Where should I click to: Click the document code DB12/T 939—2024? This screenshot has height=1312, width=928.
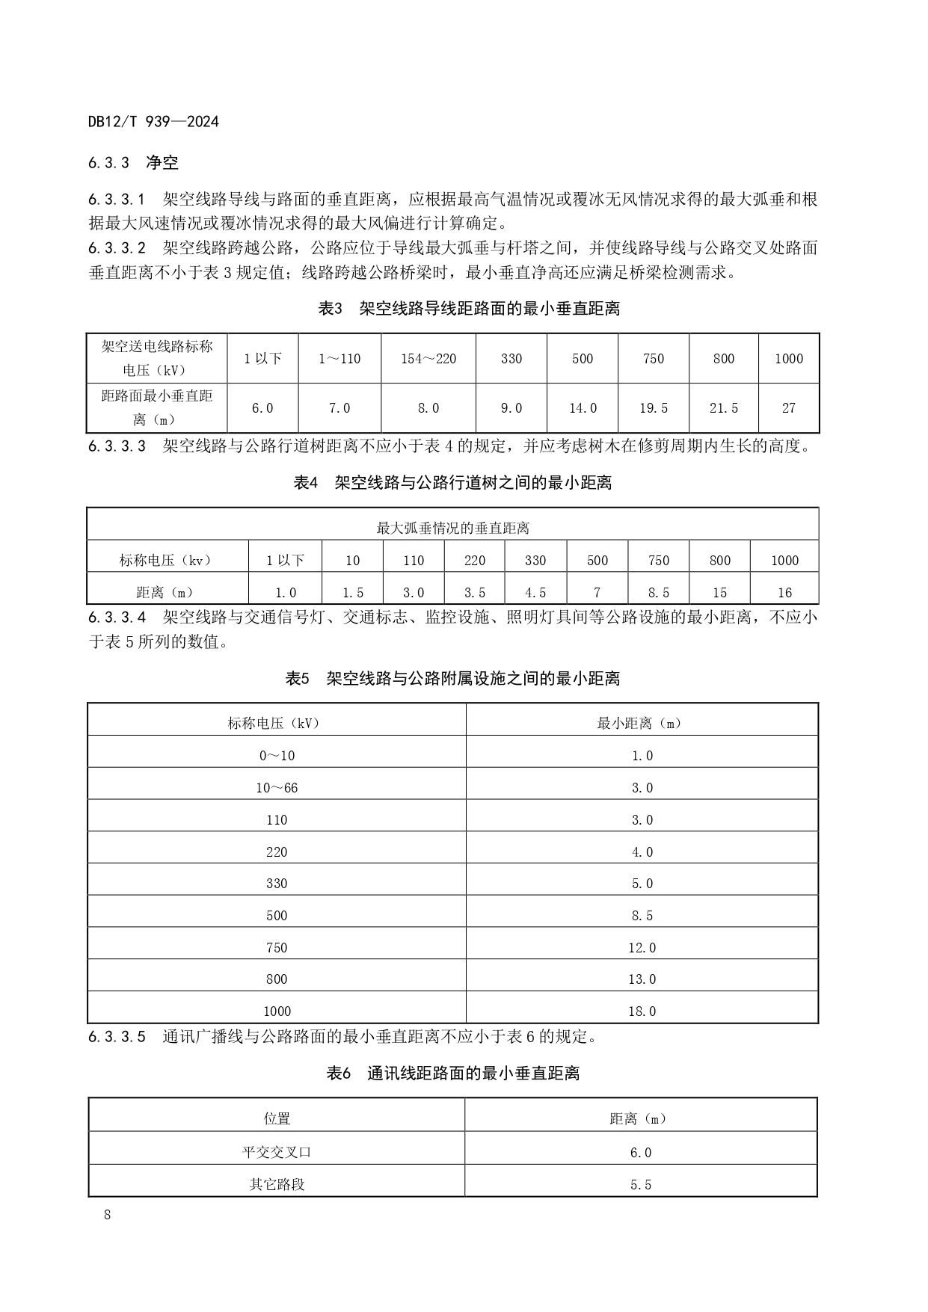[x=153, y=121]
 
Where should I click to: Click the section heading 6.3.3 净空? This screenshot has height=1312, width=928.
[x=133, y=162]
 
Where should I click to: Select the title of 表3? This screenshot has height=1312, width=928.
[x=469, y=308]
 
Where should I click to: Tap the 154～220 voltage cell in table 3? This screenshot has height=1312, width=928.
[x=428, y=359]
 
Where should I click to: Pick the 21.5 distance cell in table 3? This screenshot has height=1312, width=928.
[x=723, y=408]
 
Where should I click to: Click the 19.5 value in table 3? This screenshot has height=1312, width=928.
[x=653, y=408]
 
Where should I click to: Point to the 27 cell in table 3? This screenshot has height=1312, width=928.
[x=788, y=408]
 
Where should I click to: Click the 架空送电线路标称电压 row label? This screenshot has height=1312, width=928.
[x=157, y=358]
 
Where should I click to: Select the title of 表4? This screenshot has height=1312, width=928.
[x=452, y=483]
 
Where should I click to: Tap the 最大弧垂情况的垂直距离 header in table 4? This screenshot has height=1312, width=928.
[x=452, y=529]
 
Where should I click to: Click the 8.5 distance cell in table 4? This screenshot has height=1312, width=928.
[x=658, y=593]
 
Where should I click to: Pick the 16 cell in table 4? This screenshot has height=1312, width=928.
[x=784, y=593]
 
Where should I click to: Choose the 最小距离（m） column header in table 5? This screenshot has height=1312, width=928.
[x=641, y=723]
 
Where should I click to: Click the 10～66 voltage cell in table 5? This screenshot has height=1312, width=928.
[x=277, y=788]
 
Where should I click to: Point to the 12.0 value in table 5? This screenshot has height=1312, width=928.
[x=642, y=948]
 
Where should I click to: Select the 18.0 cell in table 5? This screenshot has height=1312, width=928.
[x=642, y=1011]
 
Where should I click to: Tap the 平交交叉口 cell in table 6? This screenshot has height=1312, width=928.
[x=277, y=1152]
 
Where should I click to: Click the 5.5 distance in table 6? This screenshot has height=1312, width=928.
[x=641, y=1185]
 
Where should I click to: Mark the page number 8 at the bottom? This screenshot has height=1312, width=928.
[x=107, y=1215]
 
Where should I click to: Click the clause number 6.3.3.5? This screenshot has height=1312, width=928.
[x=117, y=1037]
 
